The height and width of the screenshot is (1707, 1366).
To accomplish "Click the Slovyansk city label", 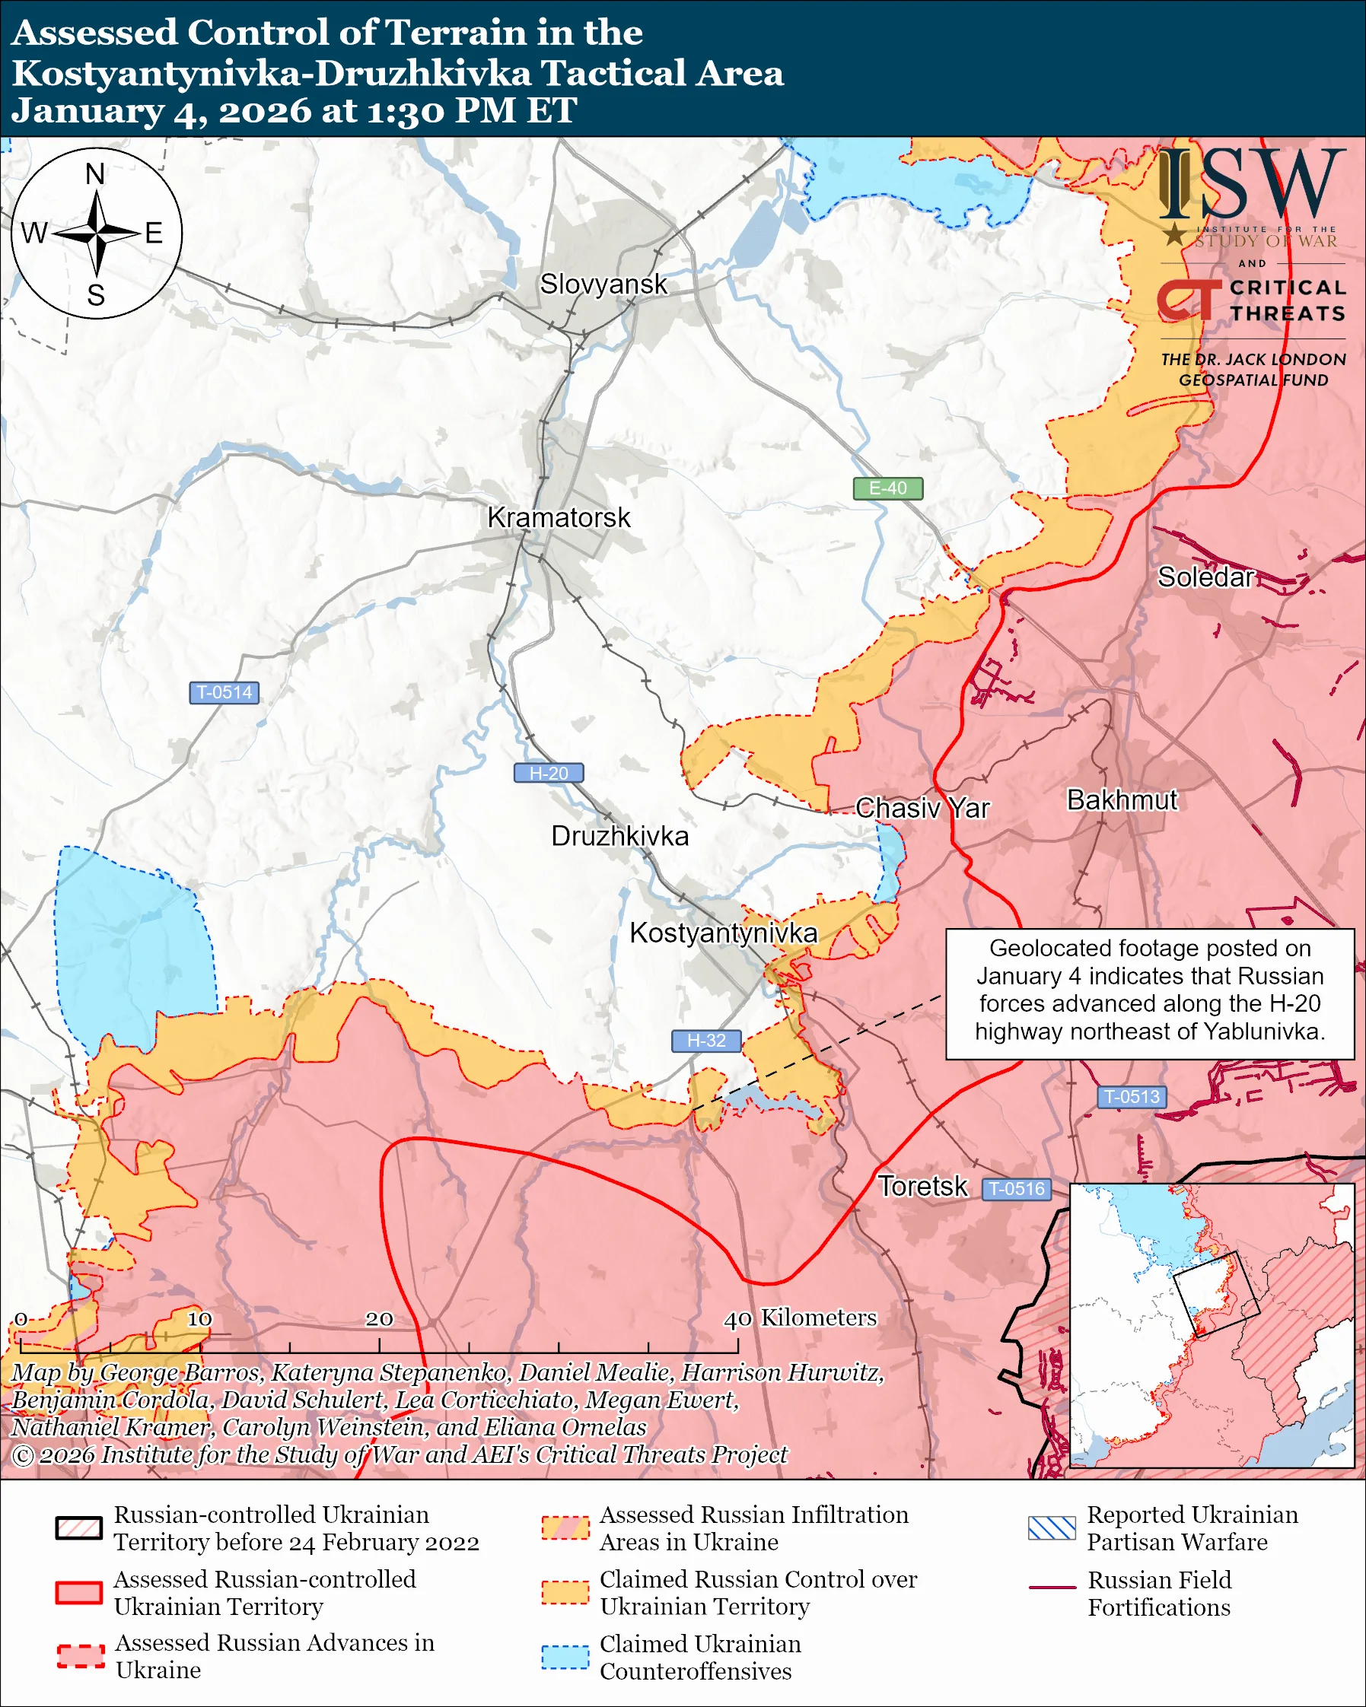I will coord(603,284).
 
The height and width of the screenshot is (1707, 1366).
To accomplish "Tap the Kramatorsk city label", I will coord(559,518).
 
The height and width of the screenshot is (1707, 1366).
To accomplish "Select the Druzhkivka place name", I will coord(619,836).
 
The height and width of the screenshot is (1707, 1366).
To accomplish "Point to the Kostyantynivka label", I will coord(723,933).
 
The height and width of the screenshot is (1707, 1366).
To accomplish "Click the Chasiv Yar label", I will coord(922,809).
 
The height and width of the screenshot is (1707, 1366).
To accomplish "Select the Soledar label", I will coord(1205,577).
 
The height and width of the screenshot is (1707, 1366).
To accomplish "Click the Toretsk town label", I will coord(922,1186).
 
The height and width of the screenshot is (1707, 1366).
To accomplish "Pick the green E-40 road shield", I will coord(887,488).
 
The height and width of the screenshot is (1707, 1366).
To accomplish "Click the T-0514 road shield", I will coord(224,693).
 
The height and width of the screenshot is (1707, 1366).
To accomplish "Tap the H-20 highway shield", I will coord(549,774).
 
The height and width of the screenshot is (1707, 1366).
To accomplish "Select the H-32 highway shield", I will coord(705,1041).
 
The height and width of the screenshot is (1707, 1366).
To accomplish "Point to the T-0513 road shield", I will coord(1132,1098).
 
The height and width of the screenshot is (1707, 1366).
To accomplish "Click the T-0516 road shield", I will coord(1017,1189).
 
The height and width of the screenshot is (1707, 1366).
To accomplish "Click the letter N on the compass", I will coord(95,174).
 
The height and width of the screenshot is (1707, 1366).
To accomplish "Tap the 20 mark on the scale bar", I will coord(378,1319).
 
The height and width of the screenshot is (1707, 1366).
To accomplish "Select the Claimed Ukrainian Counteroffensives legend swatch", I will coord(565,1658).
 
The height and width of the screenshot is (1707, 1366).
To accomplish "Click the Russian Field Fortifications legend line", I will coord(1052,1588).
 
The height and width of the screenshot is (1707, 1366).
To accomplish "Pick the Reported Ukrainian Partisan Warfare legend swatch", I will coord(1052,1528).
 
